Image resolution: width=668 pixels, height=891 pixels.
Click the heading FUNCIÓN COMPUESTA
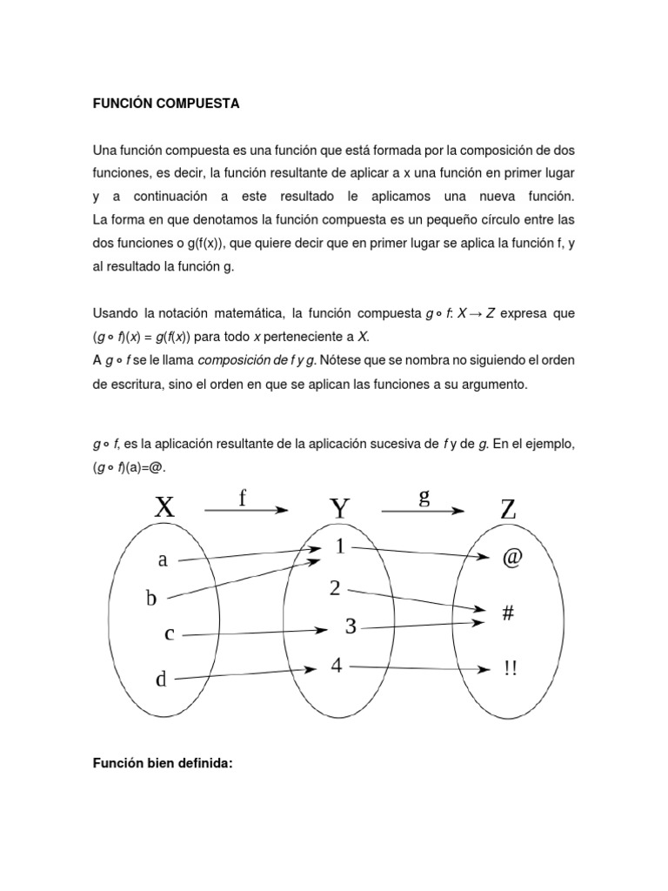[165, 104]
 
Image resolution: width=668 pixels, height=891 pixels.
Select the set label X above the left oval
[164, 507]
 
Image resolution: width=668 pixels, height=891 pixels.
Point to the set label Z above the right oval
[509, 509]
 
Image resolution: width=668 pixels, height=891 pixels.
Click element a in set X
[163, 560]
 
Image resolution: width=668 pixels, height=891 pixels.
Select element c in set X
[170, 634]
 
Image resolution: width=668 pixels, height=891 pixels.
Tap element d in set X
[161, 679]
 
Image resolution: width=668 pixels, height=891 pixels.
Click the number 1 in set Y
[338, 547]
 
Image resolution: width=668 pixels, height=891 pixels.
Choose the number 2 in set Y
[334, 588]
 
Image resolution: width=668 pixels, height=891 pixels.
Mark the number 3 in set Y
[351, 626]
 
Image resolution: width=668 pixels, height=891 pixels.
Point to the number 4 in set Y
[336, 666]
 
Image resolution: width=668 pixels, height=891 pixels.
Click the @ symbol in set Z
[511, 559]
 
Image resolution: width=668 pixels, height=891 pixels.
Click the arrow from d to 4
[244, 673]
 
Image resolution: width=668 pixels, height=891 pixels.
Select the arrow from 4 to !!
[417, 668]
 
